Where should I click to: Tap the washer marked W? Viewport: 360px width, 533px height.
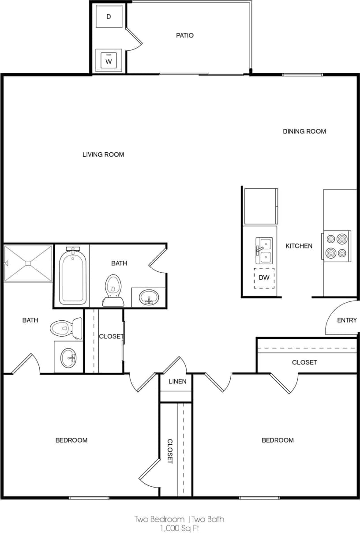point(109,60)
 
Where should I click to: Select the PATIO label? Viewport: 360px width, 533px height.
point(185,35)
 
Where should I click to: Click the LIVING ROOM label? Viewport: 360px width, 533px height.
point(103,154)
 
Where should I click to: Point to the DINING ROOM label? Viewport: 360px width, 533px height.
point(304,131)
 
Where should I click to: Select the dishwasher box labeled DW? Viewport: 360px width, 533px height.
point(264,278)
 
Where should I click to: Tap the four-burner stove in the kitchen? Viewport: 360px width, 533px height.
point(337,246)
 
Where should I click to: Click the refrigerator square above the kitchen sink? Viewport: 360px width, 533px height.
point(261,206)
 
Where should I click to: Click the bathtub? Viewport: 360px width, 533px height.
point(72,276)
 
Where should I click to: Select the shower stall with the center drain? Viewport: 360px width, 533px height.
point(28,263)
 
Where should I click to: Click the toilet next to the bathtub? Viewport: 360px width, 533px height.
point(113,290)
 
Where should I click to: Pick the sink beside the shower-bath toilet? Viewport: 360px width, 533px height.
point(68,357)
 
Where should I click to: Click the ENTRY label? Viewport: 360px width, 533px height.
point(347,320)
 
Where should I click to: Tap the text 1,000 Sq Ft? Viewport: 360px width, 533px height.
point(180,527)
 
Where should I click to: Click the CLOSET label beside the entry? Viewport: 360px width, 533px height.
point(304,362)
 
